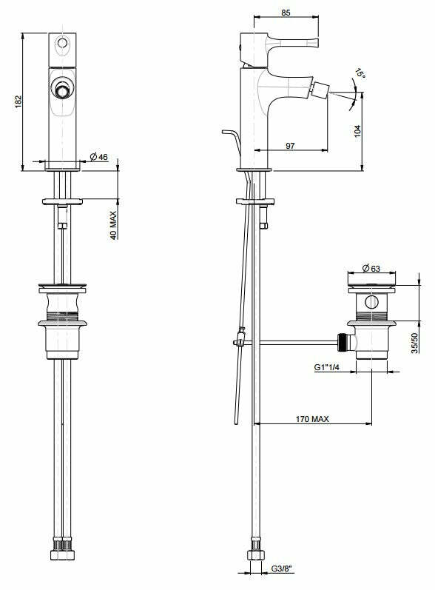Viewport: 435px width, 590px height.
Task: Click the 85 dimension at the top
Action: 287,11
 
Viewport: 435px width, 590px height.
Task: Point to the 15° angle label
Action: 360,74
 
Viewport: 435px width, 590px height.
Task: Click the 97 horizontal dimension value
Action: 289,147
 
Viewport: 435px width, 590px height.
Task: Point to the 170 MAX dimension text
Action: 311,418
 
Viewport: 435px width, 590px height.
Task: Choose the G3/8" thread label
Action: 282,569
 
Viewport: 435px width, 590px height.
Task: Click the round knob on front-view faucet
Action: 63,90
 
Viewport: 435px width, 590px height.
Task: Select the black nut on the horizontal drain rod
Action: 342,342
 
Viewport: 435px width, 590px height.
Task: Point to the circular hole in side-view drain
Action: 371,302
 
